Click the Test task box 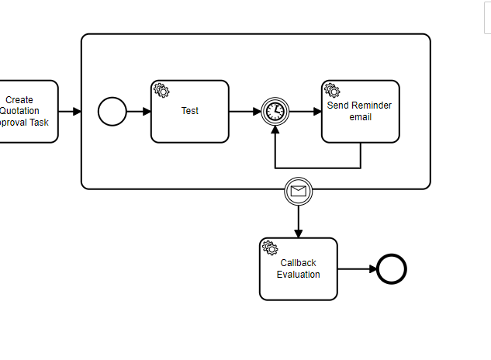(190, 116)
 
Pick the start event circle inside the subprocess (112, 112)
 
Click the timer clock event (275, 112)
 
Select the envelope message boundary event (299, 190)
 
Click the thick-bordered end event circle (392, 269)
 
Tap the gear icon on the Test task (161, 91)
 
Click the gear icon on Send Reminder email (332, 91)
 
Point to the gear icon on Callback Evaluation (270, 248)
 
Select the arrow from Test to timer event (244, 112)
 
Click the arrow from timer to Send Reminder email (305, 112)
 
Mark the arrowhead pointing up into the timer (275, 131)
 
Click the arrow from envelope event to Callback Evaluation (299, 221)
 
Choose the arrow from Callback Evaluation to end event (357, 269)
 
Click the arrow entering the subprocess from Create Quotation (70, 112)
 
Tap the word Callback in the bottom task (299, 263)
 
